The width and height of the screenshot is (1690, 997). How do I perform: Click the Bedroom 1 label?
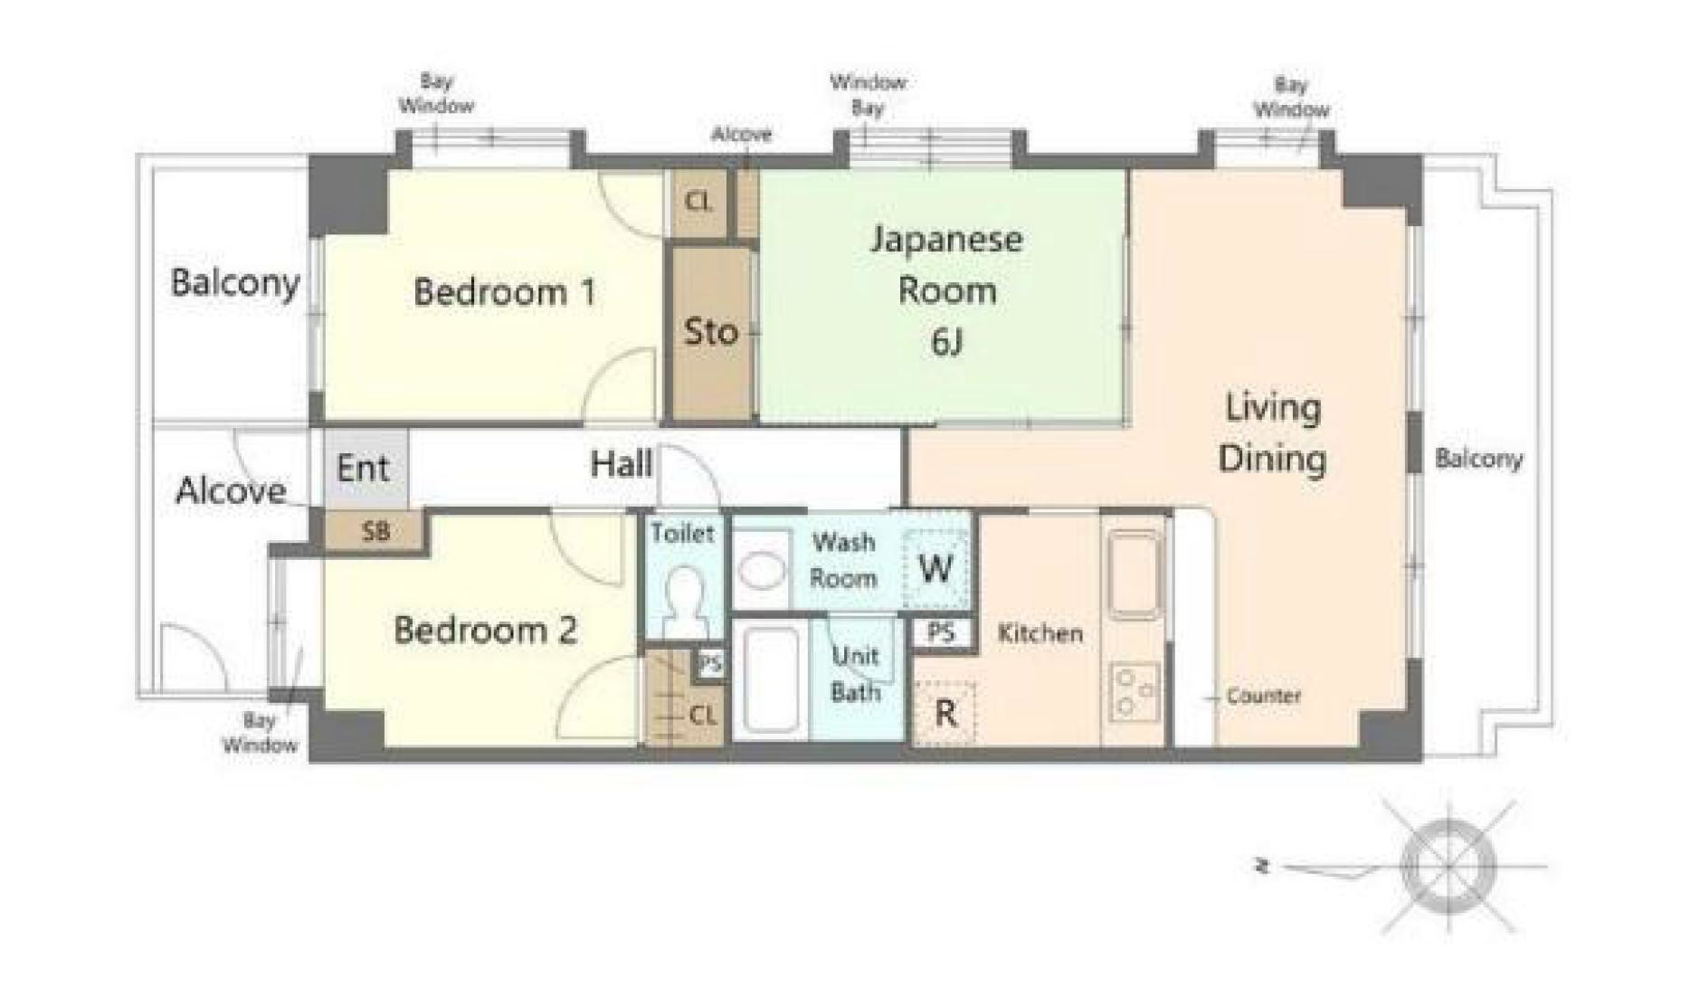504,292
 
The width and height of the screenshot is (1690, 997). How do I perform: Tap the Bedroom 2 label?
485,630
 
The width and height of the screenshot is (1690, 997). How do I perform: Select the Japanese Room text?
946,264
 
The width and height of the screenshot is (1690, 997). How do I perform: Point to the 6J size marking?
946,342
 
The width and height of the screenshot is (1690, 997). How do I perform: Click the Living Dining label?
1272,432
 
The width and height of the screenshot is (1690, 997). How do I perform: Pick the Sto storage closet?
711,333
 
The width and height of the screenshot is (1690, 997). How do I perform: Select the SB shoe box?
375,530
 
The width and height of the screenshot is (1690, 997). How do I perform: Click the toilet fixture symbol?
685,601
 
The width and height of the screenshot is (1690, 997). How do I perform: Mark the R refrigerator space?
945,713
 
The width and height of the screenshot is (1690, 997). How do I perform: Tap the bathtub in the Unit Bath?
770,679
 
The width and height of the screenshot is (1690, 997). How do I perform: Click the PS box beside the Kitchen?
942,631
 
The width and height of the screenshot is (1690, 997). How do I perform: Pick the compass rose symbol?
1448,866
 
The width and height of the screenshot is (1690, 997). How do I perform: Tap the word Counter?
1263,696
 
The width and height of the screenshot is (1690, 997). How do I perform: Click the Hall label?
622,464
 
